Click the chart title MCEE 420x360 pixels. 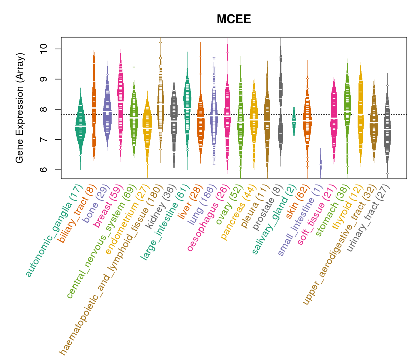[234, 19]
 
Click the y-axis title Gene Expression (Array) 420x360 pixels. [20, 108]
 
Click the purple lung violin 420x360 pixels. [214, 114]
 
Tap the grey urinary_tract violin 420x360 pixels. [387, 126]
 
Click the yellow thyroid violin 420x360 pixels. [361, 114]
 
